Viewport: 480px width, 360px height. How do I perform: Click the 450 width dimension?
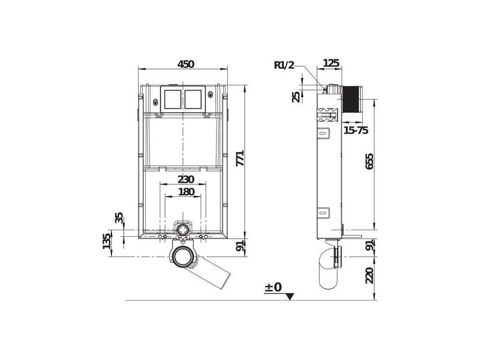coord(186,64)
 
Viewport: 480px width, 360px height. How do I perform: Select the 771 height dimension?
coord(240,158)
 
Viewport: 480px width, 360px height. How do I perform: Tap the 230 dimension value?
coord(186,179)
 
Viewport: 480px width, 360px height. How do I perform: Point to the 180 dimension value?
coord(186,192)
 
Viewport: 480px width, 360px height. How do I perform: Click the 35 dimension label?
coord(119,217)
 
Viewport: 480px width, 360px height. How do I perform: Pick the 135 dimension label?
coord(107,241)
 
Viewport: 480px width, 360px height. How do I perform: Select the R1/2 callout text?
coord(284,65)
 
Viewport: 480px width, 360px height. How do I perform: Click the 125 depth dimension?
coord(331,63)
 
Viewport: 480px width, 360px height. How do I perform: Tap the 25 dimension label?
coord(296,97)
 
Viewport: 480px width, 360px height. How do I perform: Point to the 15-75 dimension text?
coord(356,130)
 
